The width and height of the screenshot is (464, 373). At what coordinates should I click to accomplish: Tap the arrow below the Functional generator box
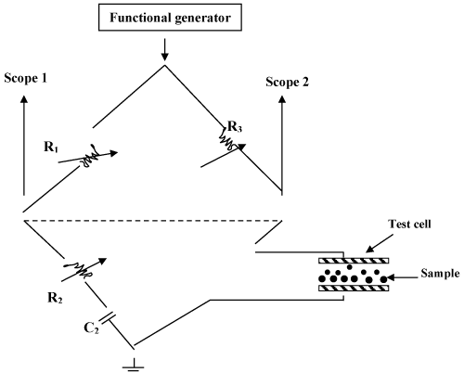tap(165, 49)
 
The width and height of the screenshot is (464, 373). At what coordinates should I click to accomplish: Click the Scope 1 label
tap(26, 78)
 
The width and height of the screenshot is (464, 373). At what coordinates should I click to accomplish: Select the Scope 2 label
tap(288, 82)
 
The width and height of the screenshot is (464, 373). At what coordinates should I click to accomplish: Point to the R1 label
tap(51, 147)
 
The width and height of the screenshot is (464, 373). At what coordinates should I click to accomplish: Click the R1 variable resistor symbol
tap(88, 157)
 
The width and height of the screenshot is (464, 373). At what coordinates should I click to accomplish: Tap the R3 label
tap(235, 126)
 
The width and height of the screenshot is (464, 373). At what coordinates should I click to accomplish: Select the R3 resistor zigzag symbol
tap(226, 139)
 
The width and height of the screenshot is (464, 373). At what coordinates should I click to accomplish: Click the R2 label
tap(55, 298)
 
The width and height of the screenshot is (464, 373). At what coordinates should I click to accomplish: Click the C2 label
tap(91, 328)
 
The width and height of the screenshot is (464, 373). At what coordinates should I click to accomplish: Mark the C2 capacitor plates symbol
tap(107, 318)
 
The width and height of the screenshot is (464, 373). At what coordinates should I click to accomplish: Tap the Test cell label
tap(409, 224)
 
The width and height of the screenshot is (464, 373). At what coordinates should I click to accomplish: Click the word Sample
tap(440, 274)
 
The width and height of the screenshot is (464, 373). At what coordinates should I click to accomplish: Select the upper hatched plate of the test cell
tap(354, 261)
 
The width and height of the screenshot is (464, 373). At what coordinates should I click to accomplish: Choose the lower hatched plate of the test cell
tap(354, 289)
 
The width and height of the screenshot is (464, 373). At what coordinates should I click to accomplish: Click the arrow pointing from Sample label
tap(403, 277)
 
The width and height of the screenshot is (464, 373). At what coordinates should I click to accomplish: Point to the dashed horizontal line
tap(153, 221)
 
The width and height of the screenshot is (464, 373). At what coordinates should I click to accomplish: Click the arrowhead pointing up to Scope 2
tap(282, 99)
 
